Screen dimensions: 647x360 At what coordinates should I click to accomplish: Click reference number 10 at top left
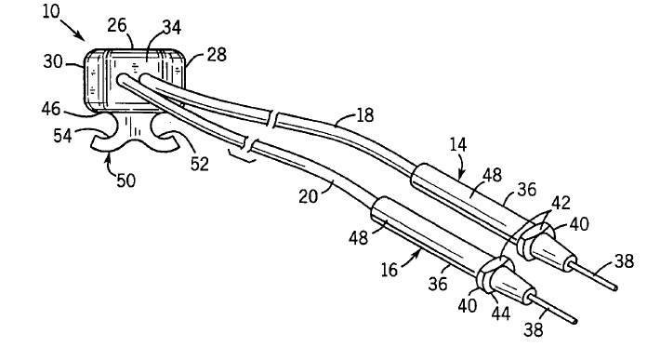click(x=51, y=11)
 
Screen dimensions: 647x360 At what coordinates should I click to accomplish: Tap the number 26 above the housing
click(x=117, y=26)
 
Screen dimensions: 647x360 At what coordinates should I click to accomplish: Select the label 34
click(x=171, y=27)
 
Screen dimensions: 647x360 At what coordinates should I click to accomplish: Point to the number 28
click(x=217, y=55)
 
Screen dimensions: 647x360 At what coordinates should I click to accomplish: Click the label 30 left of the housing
click(x=53, y=62)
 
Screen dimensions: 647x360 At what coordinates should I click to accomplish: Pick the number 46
click(x=51, y=110)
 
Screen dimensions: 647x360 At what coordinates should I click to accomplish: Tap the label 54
click(x=62, y=136)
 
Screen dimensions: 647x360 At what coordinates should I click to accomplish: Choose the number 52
click(x=200, y=164)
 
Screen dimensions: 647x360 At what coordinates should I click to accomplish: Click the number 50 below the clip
click(x=125, y=180)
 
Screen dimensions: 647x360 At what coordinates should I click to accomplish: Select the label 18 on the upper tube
click(x=364, y=115)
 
